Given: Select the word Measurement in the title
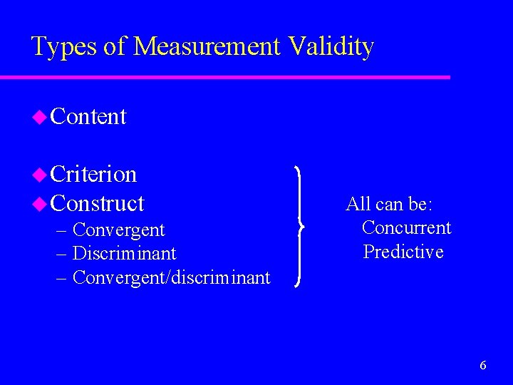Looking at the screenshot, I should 207,47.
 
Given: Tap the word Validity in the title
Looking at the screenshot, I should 331,47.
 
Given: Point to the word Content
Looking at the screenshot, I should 89,116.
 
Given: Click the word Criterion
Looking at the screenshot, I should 94,174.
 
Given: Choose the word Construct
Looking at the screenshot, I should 98,203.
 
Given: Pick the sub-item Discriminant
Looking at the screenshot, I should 125,254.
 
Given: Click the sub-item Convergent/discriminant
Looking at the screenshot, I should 172,277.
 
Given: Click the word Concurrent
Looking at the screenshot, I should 406,228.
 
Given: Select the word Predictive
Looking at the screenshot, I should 403,252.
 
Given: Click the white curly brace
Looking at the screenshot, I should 300,226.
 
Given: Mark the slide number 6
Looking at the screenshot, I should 483,366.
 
